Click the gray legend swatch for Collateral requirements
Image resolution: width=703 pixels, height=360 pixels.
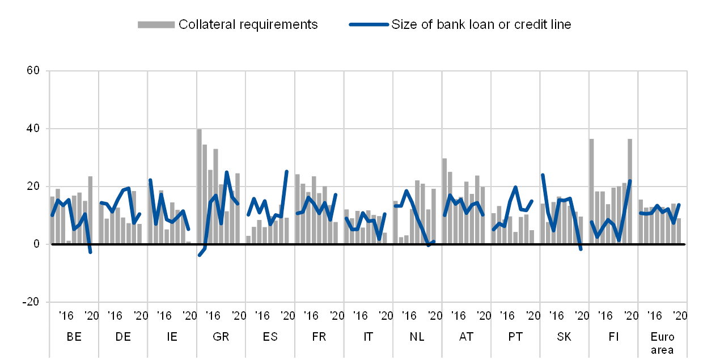pos(156,24)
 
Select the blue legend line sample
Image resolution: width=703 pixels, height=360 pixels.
pos(369,24)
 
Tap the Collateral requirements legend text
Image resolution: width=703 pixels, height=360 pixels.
pos(248,24)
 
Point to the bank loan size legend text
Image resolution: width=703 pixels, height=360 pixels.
pos(481,24)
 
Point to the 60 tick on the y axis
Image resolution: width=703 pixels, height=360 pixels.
pos(34,71)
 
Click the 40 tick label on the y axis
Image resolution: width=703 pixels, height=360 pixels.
pos(34,129)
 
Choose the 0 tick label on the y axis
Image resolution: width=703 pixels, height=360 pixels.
pos(36,244)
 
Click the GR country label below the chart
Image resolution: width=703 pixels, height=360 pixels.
pos(221,336)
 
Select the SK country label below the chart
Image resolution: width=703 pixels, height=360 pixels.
pos(564,336)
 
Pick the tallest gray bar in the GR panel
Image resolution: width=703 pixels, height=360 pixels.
pos(199,187)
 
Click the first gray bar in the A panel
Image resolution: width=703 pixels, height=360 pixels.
pos(444,201)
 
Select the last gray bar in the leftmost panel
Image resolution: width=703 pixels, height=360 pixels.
pos(90,210)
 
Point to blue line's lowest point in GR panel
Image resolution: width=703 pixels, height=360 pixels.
pos(200,255)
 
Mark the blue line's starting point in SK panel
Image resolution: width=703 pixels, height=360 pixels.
pos(543,175)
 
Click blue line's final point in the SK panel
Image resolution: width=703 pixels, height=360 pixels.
pos(581,249)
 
